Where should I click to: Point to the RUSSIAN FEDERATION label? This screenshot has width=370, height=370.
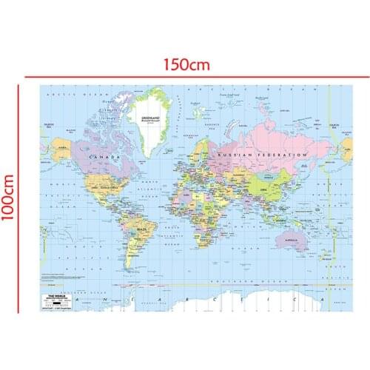pyautogui.click(x=259, y=154)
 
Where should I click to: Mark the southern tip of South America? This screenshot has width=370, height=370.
pyautogui.click(x=132, y=273)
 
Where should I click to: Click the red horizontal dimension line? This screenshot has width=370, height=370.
pyautogui.click(x=185, y=75)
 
